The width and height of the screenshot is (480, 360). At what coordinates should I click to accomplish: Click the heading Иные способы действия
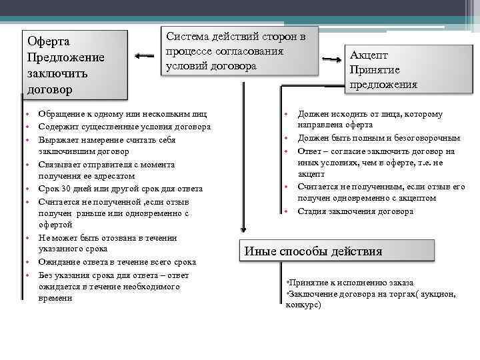313,251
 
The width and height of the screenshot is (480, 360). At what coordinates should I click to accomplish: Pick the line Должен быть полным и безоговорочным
379,138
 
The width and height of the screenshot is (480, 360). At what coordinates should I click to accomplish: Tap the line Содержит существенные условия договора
125,127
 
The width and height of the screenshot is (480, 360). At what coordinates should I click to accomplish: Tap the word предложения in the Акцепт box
383,85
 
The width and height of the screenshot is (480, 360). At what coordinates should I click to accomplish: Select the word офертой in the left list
55,225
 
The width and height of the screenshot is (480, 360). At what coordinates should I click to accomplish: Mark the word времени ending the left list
55,298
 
